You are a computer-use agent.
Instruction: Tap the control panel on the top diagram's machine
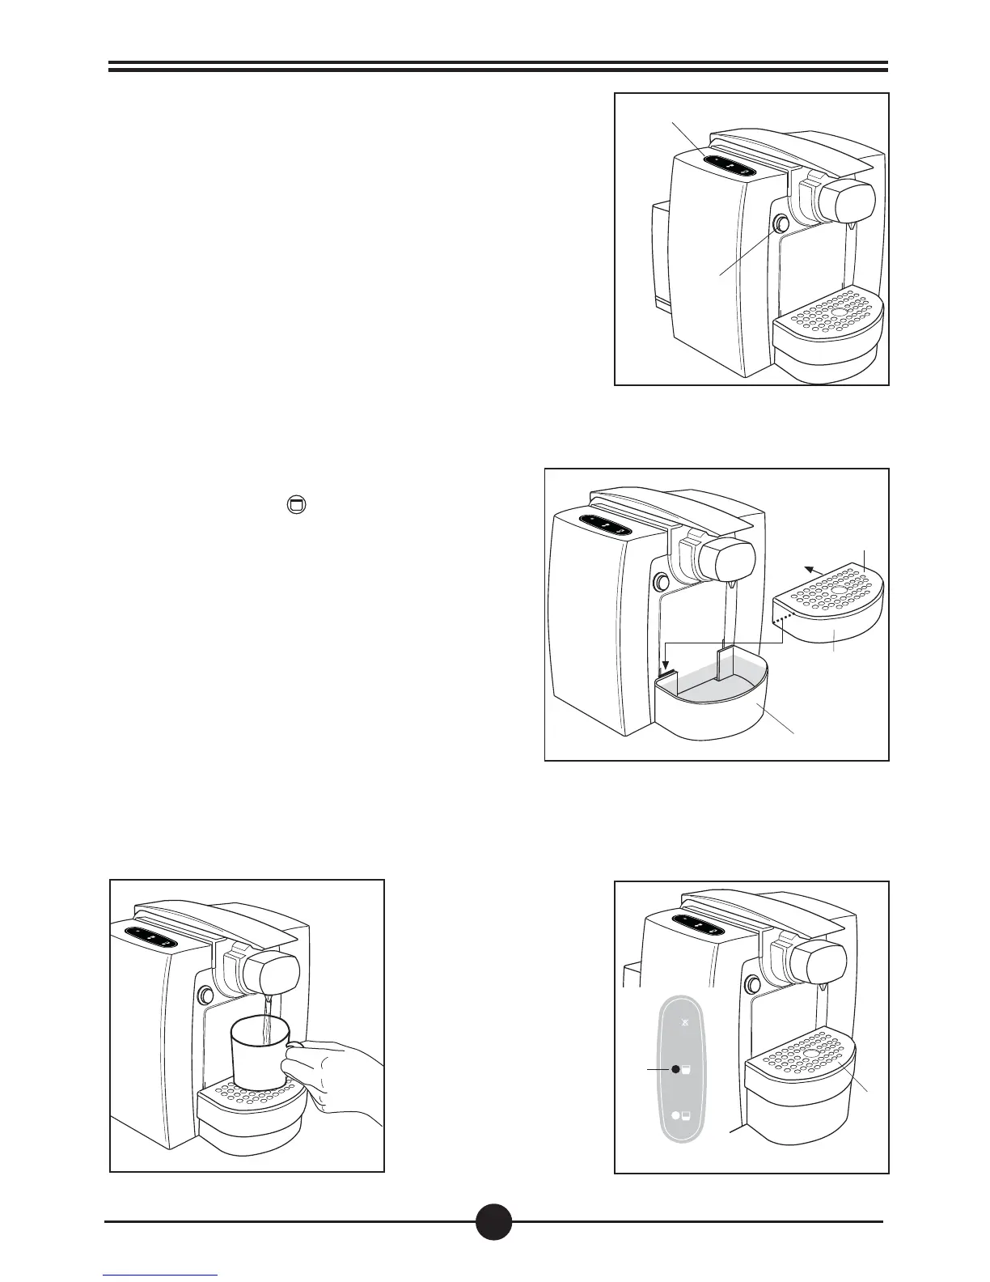point(729,166)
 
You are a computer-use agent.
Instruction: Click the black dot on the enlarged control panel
point(675,1069)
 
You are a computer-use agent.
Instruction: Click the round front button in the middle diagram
point(661,581)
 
